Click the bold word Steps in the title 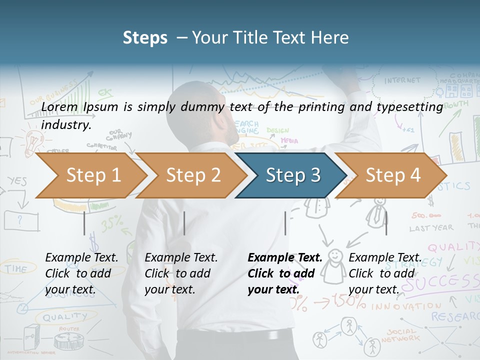coord(145,38)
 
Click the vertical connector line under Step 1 coord(84,223)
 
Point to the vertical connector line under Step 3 coord(285,223)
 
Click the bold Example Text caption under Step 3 coord(285,273)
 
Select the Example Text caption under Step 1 coord(81,273)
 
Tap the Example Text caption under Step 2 coord(181,273)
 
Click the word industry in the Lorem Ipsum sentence coord(66,125)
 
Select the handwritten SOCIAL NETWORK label coord(402,335)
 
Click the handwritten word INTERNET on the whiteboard coord(402,80)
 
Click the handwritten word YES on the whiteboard coord(17,181)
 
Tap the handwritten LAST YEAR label coord(431,228)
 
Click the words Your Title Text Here coord(270,38)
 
